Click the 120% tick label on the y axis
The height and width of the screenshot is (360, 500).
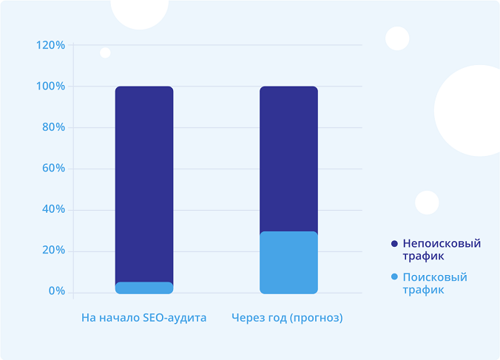coord(50,45)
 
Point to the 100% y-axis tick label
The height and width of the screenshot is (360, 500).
coord(50,86)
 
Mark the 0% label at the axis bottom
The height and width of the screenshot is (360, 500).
coord(56,291)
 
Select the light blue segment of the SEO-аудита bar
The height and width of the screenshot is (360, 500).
coord(144,288)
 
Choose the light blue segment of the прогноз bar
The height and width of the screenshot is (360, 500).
coord(288,262)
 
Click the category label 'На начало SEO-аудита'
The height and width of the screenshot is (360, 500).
coord(143,318)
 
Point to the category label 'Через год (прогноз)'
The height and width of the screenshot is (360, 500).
coord(288,318)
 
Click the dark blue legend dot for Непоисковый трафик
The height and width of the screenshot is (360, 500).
coord(394,243)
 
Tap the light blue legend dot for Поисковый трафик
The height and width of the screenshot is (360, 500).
coord(394,277)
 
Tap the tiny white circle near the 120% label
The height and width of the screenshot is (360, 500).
coord(105,52)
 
